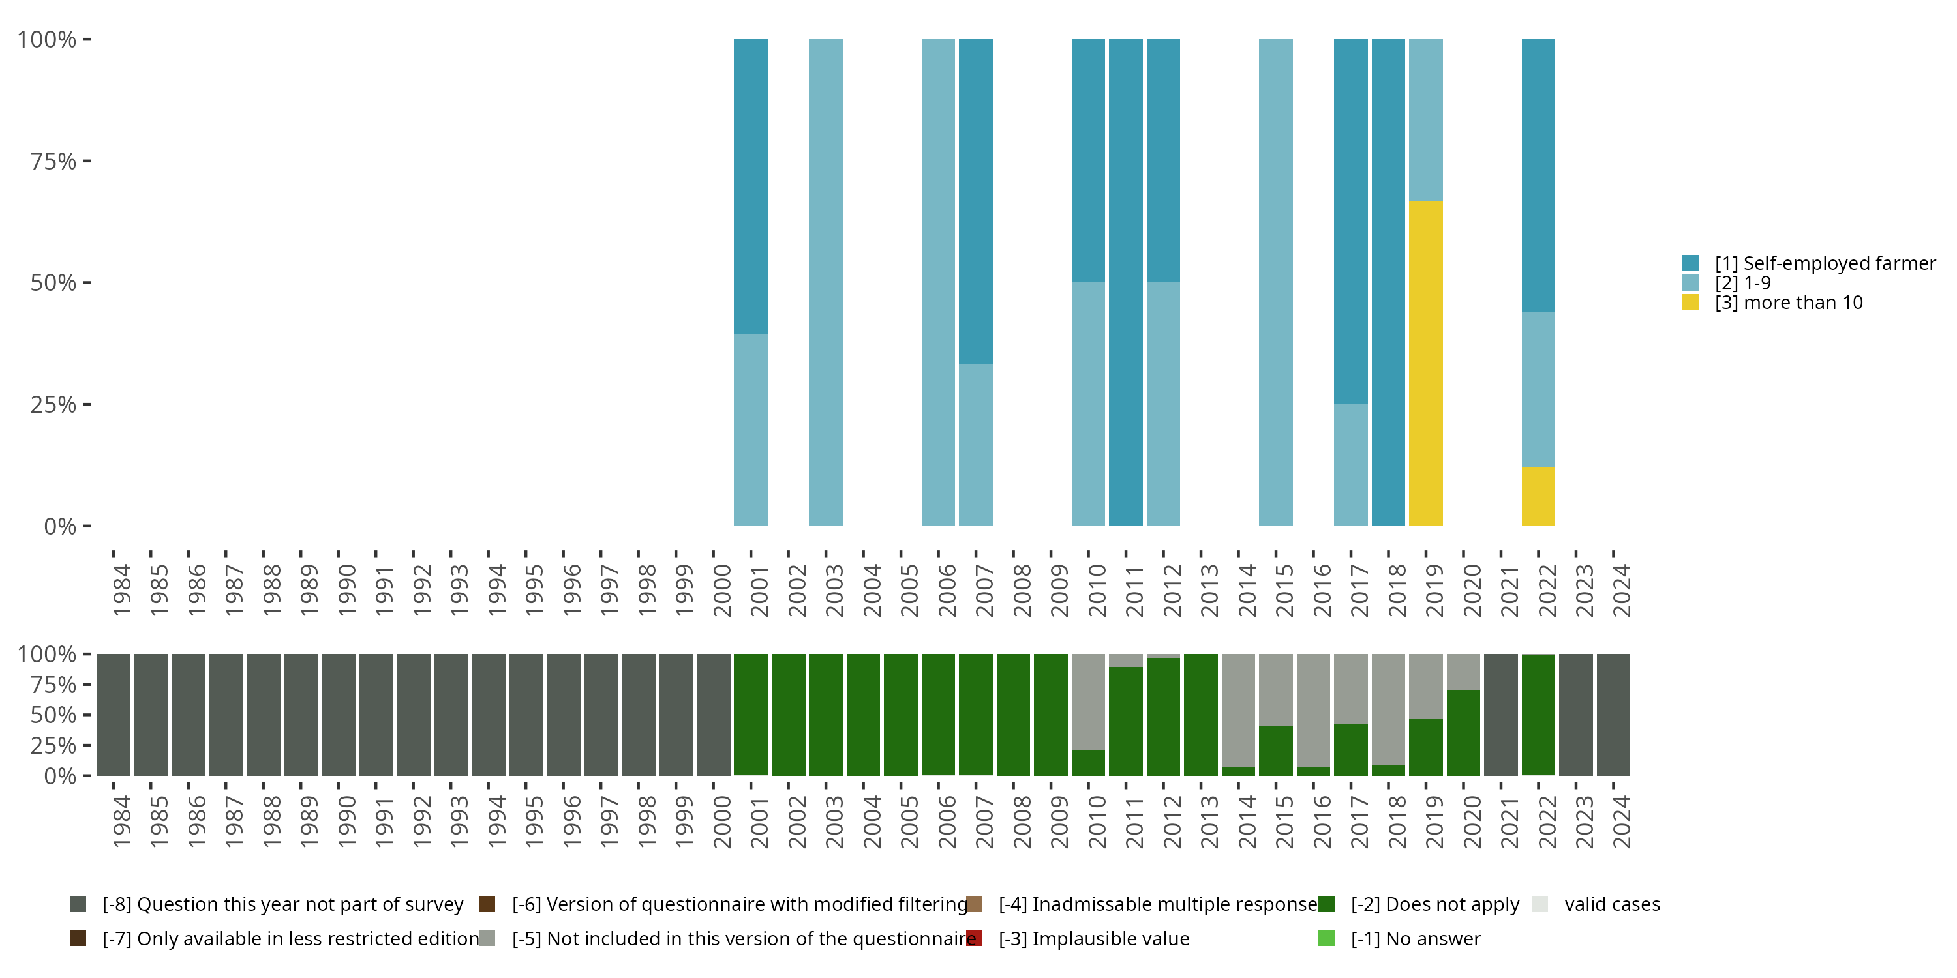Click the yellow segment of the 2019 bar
1425,364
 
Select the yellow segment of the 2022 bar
1538,497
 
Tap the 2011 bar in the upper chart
1125,282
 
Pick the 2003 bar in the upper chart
825,282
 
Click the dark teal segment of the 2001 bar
751,186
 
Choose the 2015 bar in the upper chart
1275,282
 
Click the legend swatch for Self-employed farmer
1690,263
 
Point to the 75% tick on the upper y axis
87,161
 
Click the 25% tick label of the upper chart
53,405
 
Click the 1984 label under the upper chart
121,590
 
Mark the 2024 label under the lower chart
1621,822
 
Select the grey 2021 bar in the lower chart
1500,715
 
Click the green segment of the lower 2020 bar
1463,733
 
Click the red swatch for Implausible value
974,938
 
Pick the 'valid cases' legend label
1612,904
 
